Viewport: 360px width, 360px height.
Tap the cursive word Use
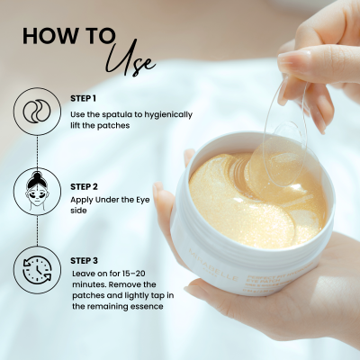coord(131,59)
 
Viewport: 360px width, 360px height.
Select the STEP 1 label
coord(83,98)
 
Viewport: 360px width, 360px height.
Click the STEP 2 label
coord(84,186)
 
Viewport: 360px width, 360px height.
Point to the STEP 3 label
coord(84,261)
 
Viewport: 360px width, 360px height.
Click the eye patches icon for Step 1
coord(37,112)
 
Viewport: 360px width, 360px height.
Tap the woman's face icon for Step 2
coord(37,190)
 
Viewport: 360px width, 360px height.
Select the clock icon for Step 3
coord(37,269)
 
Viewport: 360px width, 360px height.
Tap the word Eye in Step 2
coord(143,200)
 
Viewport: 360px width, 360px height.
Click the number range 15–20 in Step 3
coord(134,274)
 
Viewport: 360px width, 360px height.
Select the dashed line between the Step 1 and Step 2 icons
coord(37,151)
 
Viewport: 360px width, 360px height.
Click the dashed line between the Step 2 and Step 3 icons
coord(37,229)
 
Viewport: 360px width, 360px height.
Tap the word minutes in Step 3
coord(88,284)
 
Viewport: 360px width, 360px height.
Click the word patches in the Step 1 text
coord(113,126)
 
